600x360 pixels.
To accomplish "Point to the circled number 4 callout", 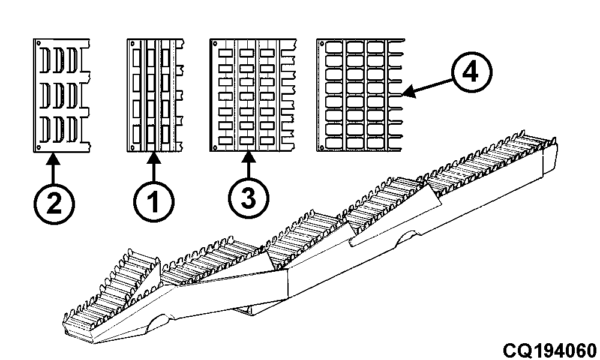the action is click(472, 73).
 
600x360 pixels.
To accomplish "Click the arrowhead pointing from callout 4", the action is click(408, 92).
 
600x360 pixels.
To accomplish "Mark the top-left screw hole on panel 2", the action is click(38, 43).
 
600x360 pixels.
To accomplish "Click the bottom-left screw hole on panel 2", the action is click(38, 147).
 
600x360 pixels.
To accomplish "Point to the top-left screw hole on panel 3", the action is click(215, 43).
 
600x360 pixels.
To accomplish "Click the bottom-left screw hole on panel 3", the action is click(215, 147).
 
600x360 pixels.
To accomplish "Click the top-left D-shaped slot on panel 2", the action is click(46, 60).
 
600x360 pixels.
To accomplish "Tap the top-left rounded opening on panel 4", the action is click(334, 47).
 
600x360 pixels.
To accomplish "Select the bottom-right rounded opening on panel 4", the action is click(376, 143).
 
